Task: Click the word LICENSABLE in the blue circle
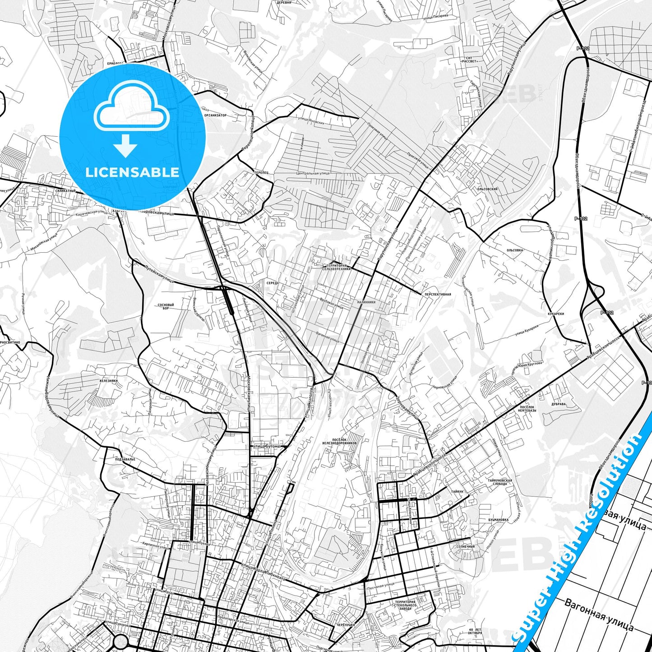click(x=132, y=172)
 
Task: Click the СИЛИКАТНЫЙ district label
click(x=65, y=191)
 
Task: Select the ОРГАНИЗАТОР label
click(x=215, y=115)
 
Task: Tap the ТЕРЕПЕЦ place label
click(x=261, y=173)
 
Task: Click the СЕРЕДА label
click(x=273, y=283)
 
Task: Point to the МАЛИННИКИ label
click(x=365, y=302)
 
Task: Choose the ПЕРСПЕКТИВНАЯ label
click(x=437, y=294)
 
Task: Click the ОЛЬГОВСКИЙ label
click(x=487, y=189)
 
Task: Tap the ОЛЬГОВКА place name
click(x=514, y=250)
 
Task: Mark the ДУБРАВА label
click(x=559, y=404)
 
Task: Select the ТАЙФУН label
click(x=457, y=491)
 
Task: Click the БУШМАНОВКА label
click(x=498, y=520)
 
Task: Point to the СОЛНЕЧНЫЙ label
click(x=466, y=546)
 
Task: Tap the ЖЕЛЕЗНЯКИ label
click(x=109, y=381)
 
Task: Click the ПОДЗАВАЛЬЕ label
click(x=125, y=459)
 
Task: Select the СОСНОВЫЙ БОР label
click(x=166, y=306)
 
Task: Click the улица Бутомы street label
click(x=266, y=446)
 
